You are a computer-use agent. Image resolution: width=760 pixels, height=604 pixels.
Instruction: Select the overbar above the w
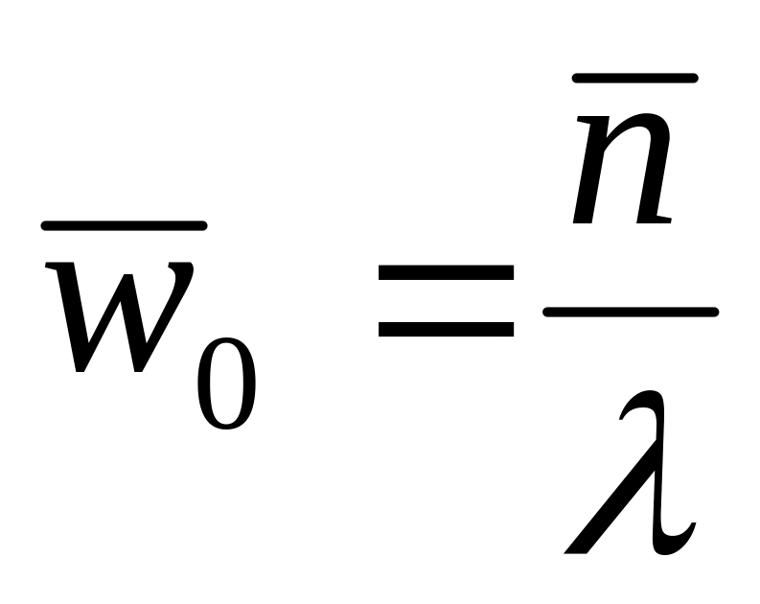pyautogui.click(x=124, y=226)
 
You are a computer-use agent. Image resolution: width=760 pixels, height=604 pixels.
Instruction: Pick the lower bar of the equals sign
pyautogui.click(x=446, y=329)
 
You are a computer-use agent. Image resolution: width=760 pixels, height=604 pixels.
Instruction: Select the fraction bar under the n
pyautogui.click(x=630, y=311)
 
